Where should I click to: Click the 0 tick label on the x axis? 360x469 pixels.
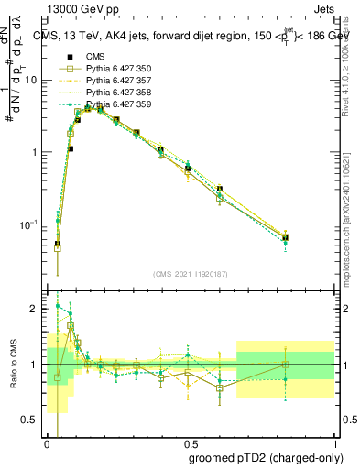[x=47, y=443]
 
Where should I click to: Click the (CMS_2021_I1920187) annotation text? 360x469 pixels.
[x=191, y=273]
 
